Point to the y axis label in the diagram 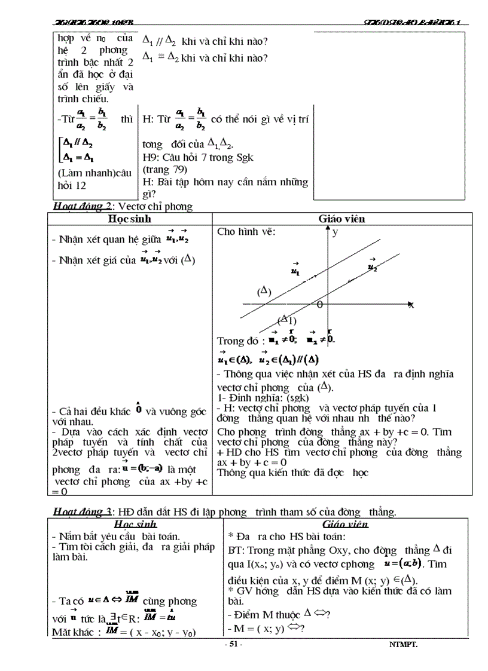pyautogui.click(x=335, y=232)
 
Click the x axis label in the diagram pyautogui.click(x=411, y=305)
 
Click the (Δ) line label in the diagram pyautogui.click(x=264, y=292)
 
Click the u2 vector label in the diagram pyautogui.click(x=372, y=265)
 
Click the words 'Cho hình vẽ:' pyautogui.click(x=246, y=232)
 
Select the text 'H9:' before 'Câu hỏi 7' pyautogui.click(x=151, y=158)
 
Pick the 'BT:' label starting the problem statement pyautogui.click(x=236, y=550)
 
